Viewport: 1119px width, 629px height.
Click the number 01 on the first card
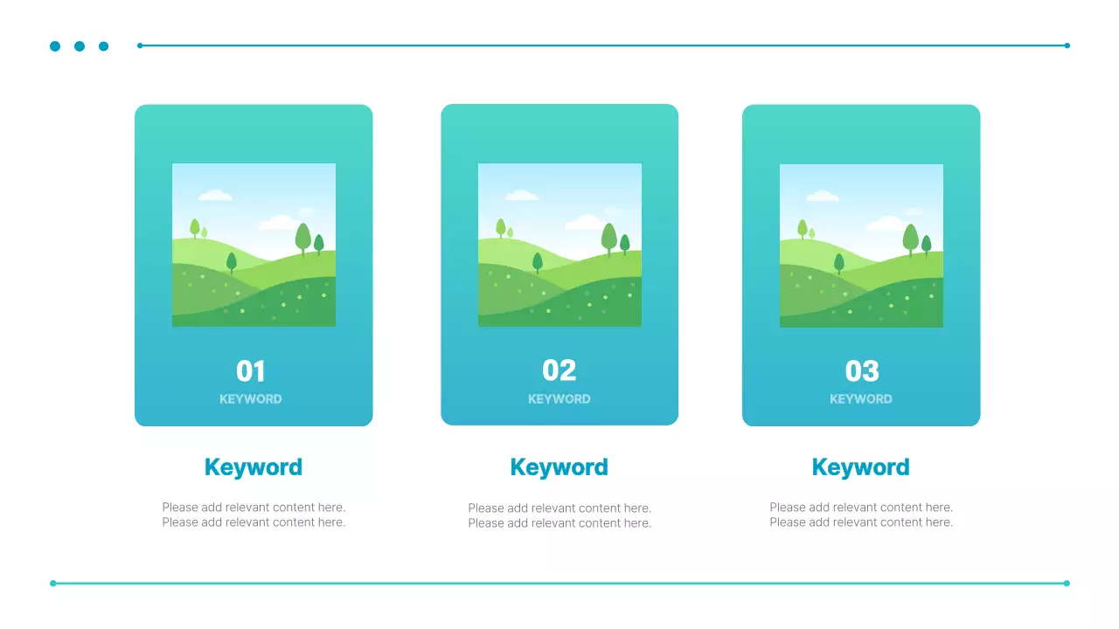pyautogui.click(x=251, y=371)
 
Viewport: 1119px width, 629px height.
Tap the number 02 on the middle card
pyautogui.click(x=559, y=370)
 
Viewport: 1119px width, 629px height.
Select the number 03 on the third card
pyautogui.click(x=861, y=371)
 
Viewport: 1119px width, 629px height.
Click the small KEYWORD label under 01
pyautogui.click(x=251, y=399)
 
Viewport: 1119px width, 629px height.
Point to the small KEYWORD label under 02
pyautogui.click(x=559, y=399)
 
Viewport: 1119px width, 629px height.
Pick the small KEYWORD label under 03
pyautogui.click(x=861, y=399)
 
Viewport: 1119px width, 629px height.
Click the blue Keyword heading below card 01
pyautogui.click(x=254, y=467)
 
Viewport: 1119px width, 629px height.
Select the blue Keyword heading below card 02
pyautogui.click(x=559, y=467)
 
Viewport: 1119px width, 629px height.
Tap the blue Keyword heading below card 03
pyautogui.click(x=861, y=467)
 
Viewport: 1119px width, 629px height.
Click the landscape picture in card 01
pyautogui.click(x=254, y=245)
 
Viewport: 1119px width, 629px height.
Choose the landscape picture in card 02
pyautogui.click(x=559, y=245)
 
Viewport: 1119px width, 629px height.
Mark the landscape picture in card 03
pyautogui.click(x=861, y=245)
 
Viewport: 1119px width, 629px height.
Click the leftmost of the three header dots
pyautogui.click(x=55, y=46)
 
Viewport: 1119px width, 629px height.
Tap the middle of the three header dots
pyautogui.click(x=80, y=46)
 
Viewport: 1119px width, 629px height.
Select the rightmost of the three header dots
pyautogui.click(x=104, y=46)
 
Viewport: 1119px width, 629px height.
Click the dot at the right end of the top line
pyautogui.click(x=1067, y=45)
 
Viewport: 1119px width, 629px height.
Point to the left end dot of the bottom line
pyautogui.click(x=53, y=583)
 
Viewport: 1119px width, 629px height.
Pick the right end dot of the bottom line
pyautogui.click(x=1067, y=583)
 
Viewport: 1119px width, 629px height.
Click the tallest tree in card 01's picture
pyautogui.click(x=303, y=238)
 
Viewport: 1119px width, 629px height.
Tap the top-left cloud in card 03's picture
pyautogui.click(x=822, y=196)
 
